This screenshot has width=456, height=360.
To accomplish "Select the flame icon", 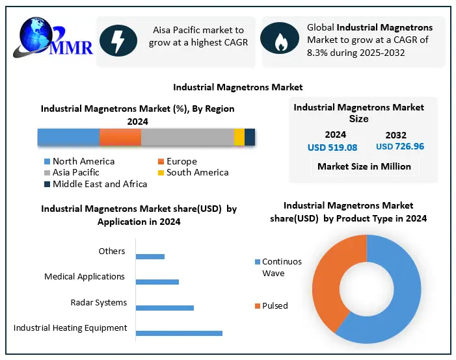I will (280, 40).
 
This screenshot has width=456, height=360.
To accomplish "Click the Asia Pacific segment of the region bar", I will (187, 137).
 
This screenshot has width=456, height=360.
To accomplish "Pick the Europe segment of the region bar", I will (120, 137).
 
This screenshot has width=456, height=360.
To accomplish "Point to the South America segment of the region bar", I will (239, 137).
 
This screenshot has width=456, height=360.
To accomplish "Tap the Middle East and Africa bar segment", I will (250, 137).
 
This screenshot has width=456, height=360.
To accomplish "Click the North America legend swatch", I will (47, 162).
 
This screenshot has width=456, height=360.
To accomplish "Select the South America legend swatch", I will (161, 173).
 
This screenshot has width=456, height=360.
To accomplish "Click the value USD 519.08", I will (332, 148).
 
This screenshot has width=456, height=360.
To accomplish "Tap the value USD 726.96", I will (400, 147).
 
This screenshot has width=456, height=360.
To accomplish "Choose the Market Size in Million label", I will (364, 166).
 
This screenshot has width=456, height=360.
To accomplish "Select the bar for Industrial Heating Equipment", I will (179, 333).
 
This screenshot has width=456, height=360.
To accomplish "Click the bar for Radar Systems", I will (165, 307).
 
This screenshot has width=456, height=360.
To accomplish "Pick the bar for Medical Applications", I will (157, 281).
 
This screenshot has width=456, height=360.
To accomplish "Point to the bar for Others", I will (150, 256).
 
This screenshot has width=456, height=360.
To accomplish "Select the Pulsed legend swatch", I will (257, 305).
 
